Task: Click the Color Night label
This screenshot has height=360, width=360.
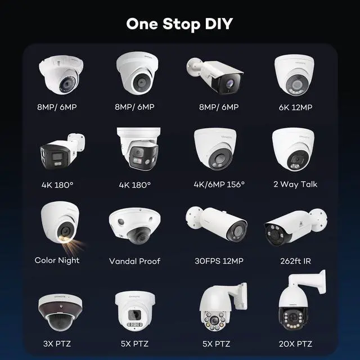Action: [x=57, y=260]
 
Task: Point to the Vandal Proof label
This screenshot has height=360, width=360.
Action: [x=134, y=261]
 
